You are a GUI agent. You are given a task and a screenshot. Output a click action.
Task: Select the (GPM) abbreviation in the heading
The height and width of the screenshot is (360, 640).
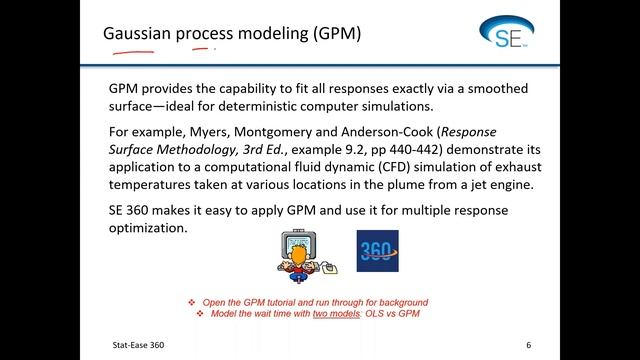(x=330, y=35)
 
